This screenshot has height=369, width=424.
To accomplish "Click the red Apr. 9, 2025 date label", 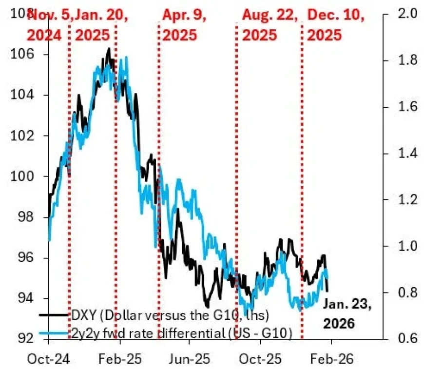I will pos(185,25).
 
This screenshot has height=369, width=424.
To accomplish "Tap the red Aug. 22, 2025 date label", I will pos(270,25).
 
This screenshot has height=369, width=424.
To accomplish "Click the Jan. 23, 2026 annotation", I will pos(347,313).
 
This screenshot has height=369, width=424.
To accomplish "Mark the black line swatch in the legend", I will pos(53,315).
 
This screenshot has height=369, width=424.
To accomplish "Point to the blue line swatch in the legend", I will pos(53,333).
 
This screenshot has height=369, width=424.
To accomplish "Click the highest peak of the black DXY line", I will pos(108,48).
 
